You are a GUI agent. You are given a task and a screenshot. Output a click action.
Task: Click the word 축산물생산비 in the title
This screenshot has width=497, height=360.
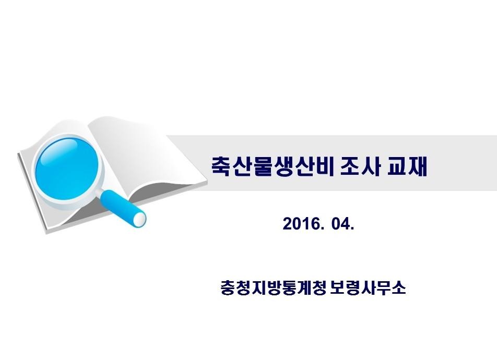273,166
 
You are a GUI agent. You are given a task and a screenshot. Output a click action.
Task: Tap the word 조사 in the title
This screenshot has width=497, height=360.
360,166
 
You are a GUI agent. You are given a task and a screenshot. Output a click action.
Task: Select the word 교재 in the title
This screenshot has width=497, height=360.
407,166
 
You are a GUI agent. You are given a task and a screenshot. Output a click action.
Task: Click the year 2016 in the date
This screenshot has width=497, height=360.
302,224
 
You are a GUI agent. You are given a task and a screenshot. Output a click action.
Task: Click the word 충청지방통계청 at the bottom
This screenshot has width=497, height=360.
273,287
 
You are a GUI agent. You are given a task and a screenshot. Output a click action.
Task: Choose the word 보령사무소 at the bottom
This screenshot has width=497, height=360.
368,287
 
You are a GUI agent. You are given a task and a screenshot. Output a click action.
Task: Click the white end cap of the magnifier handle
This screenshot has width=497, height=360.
139,219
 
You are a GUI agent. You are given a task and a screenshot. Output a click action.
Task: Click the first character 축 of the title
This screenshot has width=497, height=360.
221,166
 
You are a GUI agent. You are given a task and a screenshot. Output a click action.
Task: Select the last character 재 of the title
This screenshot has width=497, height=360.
418,166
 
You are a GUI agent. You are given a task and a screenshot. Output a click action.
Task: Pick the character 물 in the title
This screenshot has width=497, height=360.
263,166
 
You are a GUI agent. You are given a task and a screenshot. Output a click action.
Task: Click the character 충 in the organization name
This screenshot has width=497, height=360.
228,287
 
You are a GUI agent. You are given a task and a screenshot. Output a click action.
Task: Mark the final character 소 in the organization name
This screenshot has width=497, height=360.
399,287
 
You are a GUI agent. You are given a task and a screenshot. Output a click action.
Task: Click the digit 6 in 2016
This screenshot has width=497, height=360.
316,224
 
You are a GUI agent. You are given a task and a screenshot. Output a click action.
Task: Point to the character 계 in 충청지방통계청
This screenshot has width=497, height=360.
303,287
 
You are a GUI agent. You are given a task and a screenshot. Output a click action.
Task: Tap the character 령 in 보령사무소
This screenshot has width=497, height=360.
353,287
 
